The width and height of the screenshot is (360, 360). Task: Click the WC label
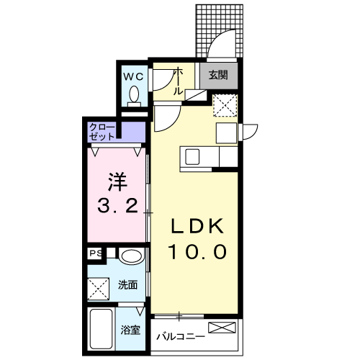tap(133, 77)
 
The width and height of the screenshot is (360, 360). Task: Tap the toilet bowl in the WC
tap(134, 94)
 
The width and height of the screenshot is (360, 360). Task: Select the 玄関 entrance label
tap(218, 76)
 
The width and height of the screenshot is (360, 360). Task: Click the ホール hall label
tap(178, 81)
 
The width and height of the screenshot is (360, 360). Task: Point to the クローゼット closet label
tap(102, 132)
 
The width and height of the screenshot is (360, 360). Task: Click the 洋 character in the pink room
tap(117, 182)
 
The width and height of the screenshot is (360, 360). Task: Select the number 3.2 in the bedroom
tap(117, 207)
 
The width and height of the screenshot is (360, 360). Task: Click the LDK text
tap(197, 226)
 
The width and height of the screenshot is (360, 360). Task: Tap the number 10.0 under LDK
tap(197, 252)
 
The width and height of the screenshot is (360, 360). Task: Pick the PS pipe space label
tap(95, 253)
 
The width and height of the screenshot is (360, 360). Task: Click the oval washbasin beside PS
tap(131, 256)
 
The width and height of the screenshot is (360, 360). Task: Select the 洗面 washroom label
tap(127, 285)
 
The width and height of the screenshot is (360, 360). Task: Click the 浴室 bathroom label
tap(130, 330)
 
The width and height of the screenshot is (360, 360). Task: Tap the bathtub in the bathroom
tap(101, 328)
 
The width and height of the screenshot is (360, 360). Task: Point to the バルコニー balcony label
tap(181, 337)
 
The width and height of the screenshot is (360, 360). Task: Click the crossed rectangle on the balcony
tap(222, 328)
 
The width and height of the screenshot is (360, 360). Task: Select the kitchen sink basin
tap(192, 157)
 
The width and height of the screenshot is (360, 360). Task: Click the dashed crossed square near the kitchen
tap(225, 106)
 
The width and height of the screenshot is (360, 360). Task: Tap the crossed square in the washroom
tap(99, 289)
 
